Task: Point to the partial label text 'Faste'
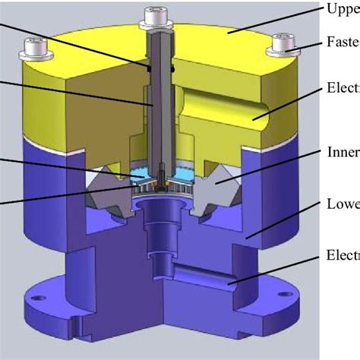click(x=343, y=43)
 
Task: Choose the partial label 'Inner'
click(x=343, y=150)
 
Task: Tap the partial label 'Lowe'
click(x=343, y=204)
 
